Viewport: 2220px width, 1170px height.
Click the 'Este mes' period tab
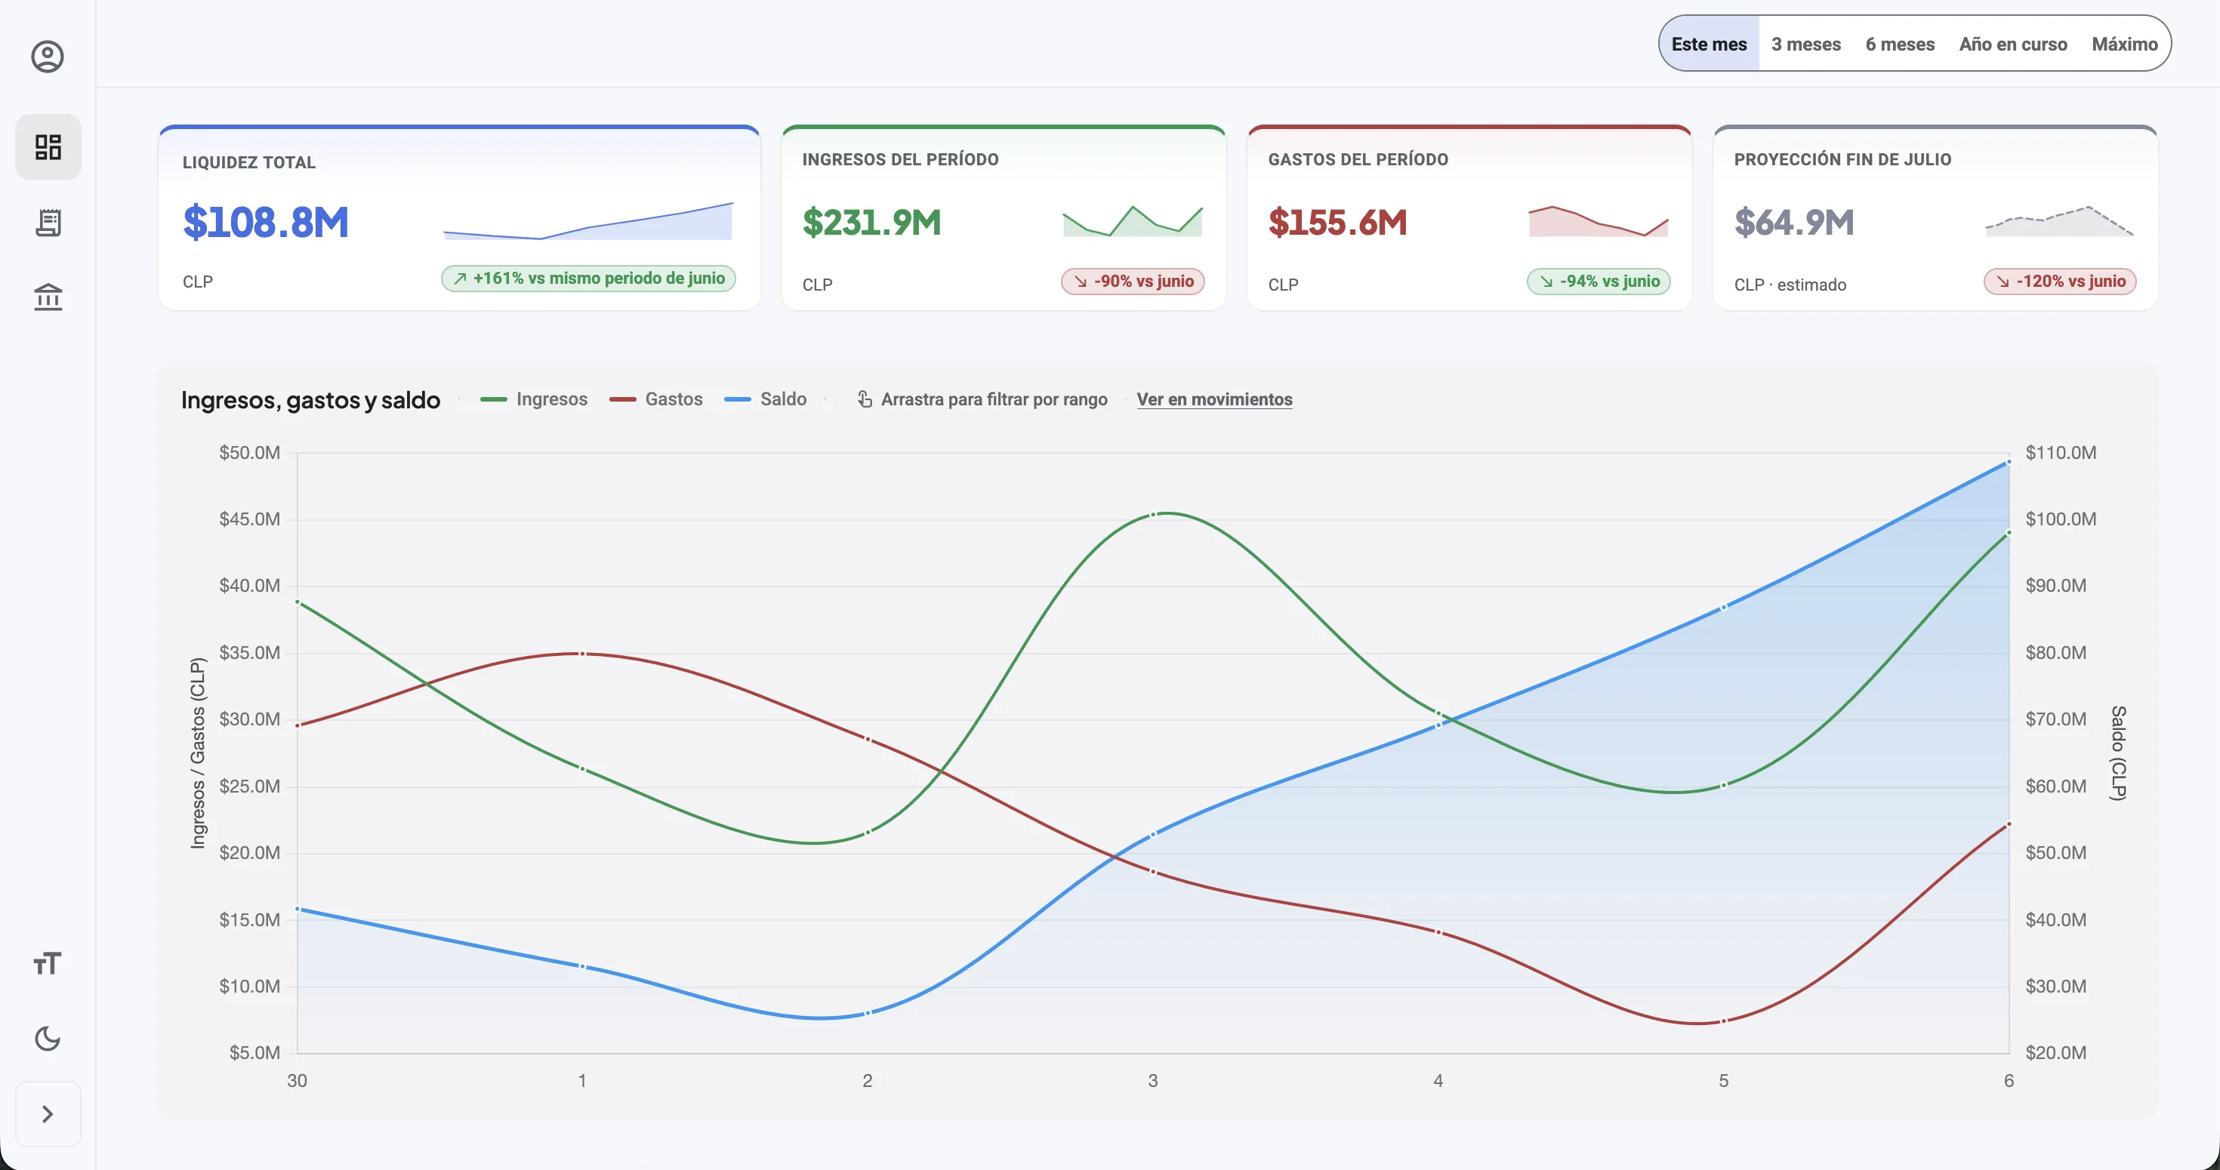pos(1709,44)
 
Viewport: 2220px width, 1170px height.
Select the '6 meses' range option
pos(1899,44)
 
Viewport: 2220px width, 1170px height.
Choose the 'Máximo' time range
pos(2124,44)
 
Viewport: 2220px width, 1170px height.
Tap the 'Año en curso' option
pos(2012,44)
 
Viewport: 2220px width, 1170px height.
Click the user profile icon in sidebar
pos(48,57)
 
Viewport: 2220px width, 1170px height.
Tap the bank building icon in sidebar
pos(48,297)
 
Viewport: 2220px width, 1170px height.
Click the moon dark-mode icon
pos(48,1038)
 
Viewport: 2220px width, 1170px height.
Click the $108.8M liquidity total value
pos(266,222)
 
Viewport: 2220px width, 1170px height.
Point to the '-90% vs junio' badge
pos(1133,281)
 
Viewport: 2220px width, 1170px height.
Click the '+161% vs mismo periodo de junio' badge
pos(589,279)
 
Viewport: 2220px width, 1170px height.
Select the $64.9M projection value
pos(1793,222)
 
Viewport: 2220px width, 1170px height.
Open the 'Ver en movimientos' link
pos(1214,399)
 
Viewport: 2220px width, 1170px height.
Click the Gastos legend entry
pos(656,399)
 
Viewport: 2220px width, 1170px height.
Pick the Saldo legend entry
pos(765,399)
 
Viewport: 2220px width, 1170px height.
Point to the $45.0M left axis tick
pos(249,519)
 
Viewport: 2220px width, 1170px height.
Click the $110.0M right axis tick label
pos(2061,452)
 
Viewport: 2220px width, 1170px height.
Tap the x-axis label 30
pos(297,1080)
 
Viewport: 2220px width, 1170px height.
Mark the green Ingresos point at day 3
pos(1153,514)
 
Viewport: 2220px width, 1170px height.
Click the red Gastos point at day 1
pos(583,654)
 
